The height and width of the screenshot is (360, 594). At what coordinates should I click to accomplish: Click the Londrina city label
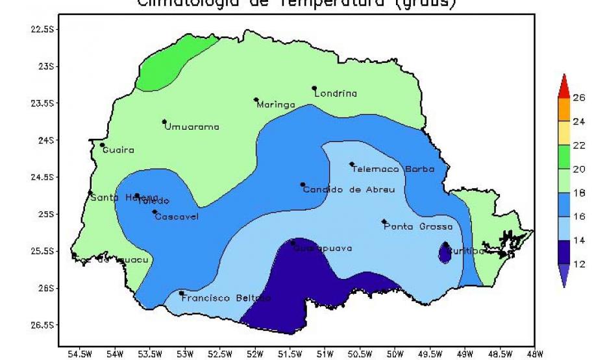(336, 93)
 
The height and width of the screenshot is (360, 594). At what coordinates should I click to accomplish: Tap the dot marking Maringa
(256, 99)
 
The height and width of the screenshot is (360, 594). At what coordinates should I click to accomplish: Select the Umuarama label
(192, 126)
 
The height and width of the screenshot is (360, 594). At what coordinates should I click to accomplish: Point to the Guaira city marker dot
(102, 145)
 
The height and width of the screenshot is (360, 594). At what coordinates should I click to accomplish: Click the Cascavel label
(177, 216)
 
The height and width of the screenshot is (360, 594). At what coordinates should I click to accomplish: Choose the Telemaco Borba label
(393, 169)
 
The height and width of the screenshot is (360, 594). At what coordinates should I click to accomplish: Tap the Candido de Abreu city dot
(303, 184)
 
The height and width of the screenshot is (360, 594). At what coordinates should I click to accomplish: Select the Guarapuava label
(323, 248)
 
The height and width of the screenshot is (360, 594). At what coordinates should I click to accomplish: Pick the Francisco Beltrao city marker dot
(182, 293)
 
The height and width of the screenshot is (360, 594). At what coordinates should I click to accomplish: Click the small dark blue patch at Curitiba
(445, 254)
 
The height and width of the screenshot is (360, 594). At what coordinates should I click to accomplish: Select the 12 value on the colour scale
(578, 264)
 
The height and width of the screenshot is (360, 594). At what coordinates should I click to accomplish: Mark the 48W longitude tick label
(535, 354)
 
